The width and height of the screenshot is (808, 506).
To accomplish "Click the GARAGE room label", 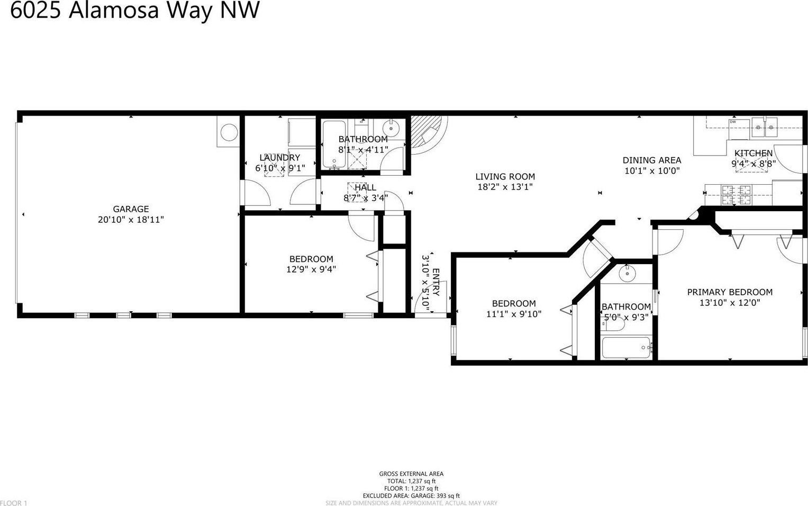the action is (x=131, y=209).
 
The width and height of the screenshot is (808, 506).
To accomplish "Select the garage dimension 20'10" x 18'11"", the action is (x=131, y=220).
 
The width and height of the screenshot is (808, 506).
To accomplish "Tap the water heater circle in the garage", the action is (x=229, y=132).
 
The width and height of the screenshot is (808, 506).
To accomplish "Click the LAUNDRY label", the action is (x=280, y=158).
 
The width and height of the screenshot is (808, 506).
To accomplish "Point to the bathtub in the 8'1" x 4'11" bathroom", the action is (x=334, y=144).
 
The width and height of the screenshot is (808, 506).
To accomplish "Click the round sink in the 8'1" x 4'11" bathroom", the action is (x=391, y=128).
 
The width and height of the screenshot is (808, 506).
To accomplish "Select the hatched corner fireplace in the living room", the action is (x=426, y=134).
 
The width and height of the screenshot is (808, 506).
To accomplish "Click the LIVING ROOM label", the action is (x=505, y=176).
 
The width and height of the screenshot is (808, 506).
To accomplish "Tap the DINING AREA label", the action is (x=652, y=160).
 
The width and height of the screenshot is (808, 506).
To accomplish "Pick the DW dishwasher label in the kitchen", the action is (x=733, y=122).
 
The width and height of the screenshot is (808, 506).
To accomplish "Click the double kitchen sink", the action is (x=765, y=128).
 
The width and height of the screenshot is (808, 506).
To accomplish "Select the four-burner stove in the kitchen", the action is (x=736, y=195).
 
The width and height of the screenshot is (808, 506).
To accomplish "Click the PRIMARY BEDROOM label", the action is (x=730, y=292).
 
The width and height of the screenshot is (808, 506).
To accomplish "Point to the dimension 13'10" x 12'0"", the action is (x=730, y=302).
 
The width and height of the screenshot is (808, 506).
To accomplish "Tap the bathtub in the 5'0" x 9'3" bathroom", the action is (x=626, y=348).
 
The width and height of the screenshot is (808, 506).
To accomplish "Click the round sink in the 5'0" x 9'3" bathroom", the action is (x=628, y=274).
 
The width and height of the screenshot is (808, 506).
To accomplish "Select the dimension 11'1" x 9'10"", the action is (x=514, y=314).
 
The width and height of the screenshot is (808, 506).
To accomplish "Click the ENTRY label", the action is (x=435, y=282).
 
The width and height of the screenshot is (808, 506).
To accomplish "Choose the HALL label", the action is (x=366, y=188).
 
